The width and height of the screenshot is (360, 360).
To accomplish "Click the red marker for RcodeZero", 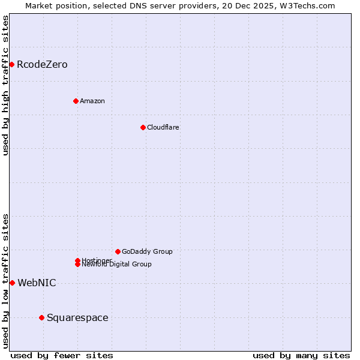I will tap(11, 64).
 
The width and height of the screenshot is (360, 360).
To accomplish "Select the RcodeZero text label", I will tap(42, 65).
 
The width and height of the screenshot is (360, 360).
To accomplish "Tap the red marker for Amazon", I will tap(76, 101).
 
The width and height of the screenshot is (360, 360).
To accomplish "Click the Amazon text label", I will tap(92, 101).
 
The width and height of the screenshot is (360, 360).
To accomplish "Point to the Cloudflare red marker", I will tap(143, 127).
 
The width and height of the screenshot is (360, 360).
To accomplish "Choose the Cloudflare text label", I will tap(163, 127).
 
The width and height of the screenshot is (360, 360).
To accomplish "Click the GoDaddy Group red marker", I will tap(118, 251).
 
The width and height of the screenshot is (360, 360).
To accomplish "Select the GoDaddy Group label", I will tap(147, 251).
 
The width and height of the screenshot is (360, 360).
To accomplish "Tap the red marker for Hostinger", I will tap(77, 260).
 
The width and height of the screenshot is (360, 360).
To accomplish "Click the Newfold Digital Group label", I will tap(116, 265).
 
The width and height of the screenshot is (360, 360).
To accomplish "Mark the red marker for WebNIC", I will tap(12, 283).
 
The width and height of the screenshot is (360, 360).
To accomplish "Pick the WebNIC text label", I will tap(37, 283).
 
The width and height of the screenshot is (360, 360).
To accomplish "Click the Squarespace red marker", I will tap(41, 317).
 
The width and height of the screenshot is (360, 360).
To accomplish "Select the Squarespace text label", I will tap(77, 318).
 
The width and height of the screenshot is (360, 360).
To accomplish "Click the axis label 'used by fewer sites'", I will tap(62, 355).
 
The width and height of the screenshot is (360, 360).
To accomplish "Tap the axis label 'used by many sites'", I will tap(301, 355).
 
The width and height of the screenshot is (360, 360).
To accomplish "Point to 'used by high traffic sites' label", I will tap(5, 85).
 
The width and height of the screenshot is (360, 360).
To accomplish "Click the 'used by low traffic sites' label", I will tap(5, 281).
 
